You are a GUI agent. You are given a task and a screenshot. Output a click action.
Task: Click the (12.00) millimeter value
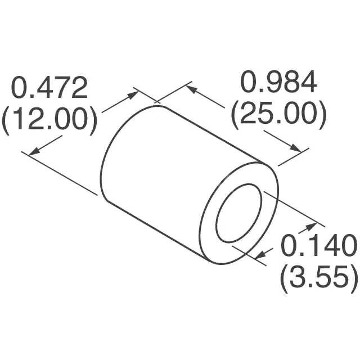tap(49, 119)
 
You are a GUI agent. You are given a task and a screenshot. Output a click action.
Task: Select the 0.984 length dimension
tap(279, 83)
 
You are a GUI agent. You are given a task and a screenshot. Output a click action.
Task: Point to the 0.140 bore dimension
tap(318, 246)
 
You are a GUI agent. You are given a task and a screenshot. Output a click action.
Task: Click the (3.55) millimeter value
tap(318, 277)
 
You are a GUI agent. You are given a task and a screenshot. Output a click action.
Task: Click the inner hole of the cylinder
tap(240, 213)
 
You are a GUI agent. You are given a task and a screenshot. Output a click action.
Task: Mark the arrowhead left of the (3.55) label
tap(262, 256)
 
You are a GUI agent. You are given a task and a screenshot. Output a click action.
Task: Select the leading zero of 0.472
tap(21, 88)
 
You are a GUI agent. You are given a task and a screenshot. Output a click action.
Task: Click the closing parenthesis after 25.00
tap(322, 115)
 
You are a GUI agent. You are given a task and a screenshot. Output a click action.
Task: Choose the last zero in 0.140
tap(348, 246)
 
